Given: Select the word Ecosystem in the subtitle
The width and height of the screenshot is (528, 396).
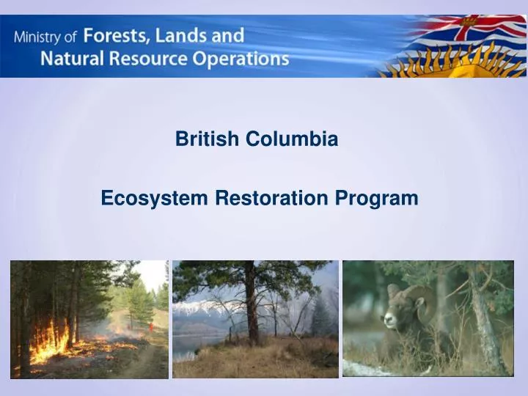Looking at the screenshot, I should (x=154, y=198).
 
